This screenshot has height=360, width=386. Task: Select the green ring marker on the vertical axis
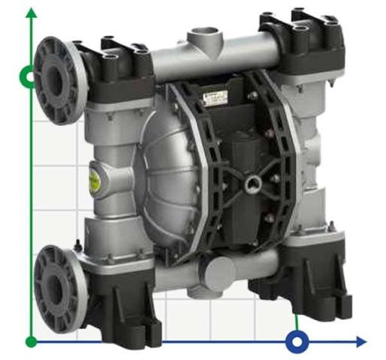point(29,76)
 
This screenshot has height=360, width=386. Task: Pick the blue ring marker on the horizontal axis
point(297,342)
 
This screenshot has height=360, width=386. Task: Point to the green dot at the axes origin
point(31,342)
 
